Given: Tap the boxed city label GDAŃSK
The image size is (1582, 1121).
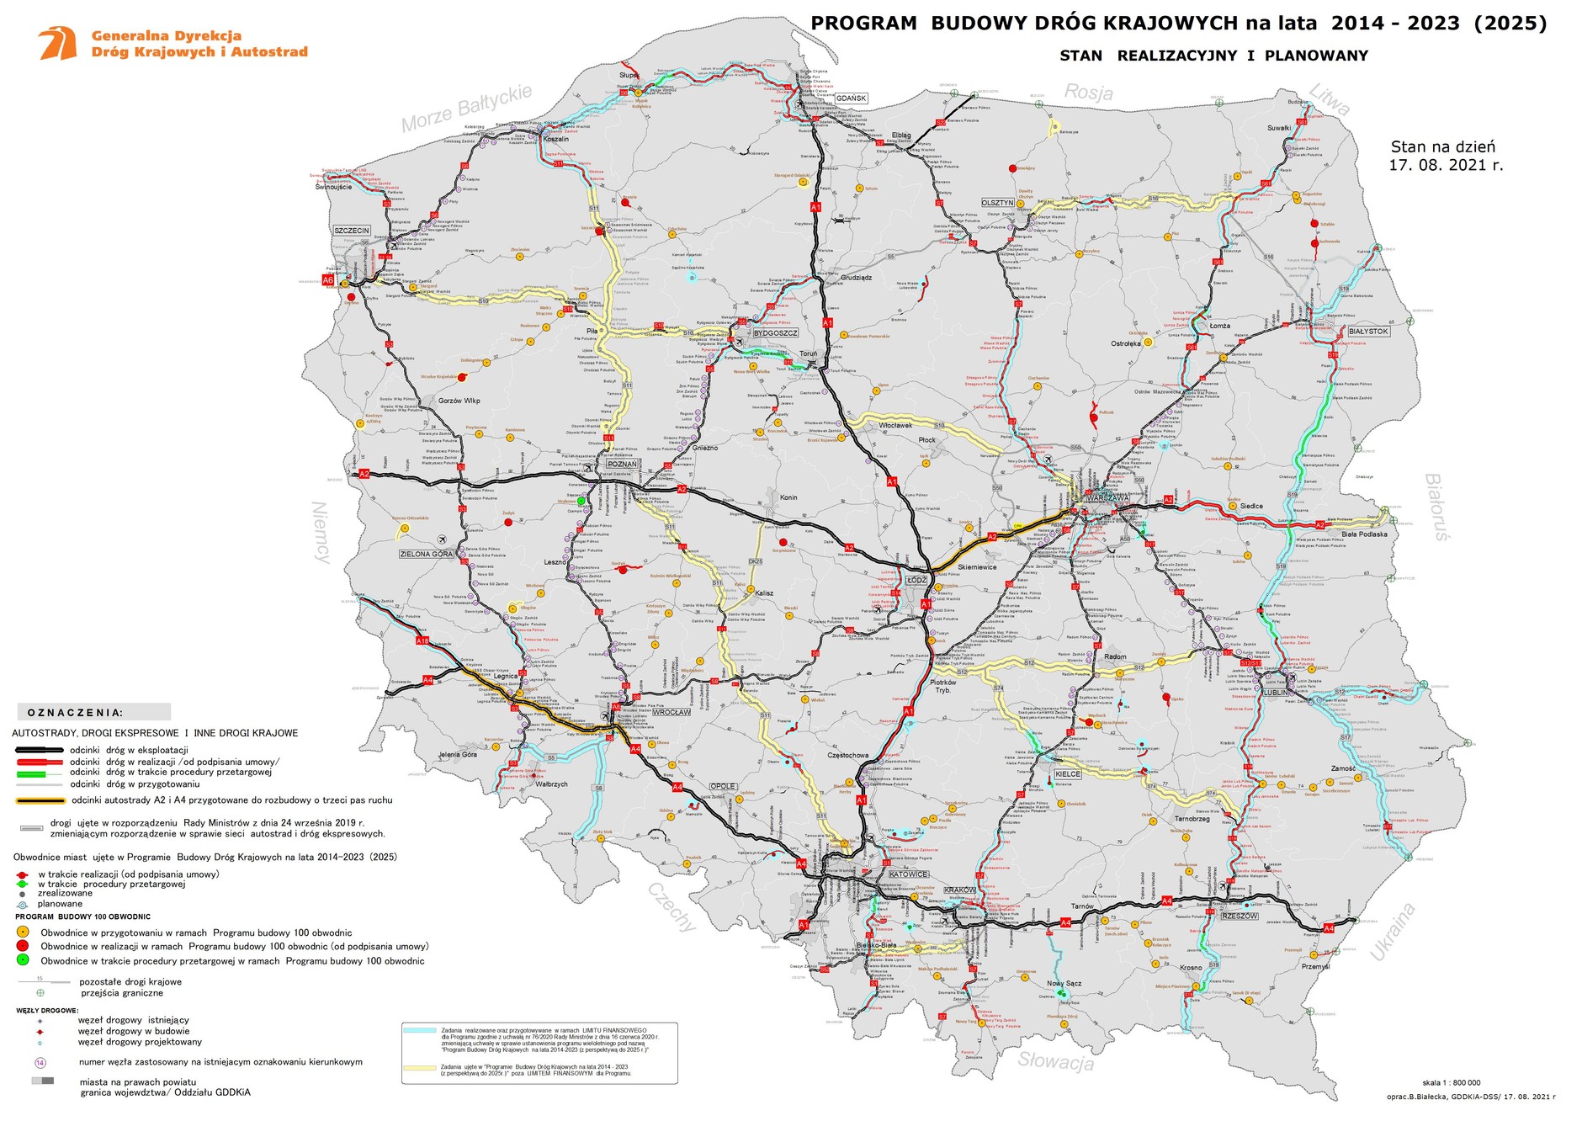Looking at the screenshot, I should (x=851, y=98).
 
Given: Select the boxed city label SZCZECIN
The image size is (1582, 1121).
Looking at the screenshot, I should (x=352, y=231).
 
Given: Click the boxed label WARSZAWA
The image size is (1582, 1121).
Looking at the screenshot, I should (x=1107, y=498).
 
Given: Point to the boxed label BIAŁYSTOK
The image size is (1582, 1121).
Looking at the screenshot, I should (x=1368, y=332).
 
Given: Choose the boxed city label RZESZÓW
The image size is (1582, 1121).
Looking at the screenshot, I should (x=1240, y=916).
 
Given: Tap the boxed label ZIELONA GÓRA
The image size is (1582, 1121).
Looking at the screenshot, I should (x=427, y=555).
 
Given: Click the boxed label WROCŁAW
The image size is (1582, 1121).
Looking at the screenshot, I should (x=672, y=712).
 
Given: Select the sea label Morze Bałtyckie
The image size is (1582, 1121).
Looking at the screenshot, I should (x=466, y=109).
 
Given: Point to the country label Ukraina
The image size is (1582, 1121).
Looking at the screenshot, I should (x=1393, y=932).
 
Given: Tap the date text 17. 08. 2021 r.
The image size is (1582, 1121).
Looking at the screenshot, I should (x=1445, y=166).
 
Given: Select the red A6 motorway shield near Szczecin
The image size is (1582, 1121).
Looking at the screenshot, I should (x=329, y=280).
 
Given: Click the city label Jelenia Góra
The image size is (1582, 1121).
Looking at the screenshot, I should (x=458, y=755).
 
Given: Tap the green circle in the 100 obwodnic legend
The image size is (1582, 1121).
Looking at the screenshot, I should (x=23, y=960).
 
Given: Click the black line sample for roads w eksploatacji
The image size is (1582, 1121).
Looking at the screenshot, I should (x=38, y=750).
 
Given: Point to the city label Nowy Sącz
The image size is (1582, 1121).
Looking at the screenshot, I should (x=1064, y=983).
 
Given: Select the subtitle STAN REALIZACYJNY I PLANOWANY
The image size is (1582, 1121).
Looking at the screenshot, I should (x=1213, y=56).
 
